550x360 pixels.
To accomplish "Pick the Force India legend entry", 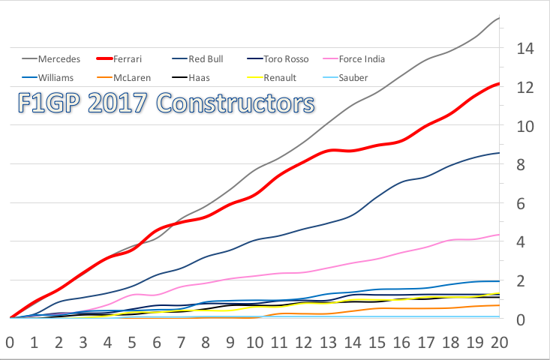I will click(x=362, y=58).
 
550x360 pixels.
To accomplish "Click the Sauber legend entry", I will click(x=353, y=77).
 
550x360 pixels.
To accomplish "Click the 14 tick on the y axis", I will click(x=524, y=49).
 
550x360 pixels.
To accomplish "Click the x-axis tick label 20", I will click(x=499, y=343).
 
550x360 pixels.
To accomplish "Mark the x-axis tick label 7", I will click(x=181, y=343).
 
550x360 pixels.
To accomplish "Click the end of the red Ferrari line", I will click(x=499, y=84).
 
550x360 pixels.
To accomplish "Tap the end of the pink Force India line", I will click(x=499, y=235).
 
